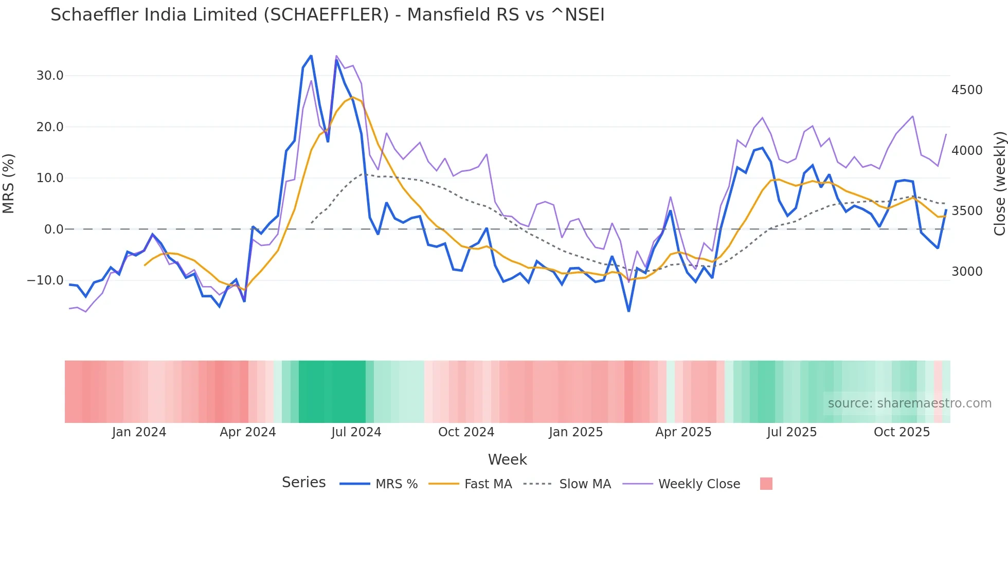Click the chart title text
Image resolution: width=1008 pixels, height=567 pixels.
327,15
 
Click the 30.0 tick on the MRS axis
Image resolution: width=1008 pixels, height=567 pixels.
50,76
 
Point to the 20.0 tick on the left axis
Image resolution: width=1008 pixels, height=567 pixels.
50,127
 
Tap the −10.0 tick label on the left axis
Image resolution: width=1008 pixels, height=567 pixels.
45,280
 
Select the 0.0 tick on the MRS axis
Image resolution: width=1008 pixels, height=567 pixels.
53,229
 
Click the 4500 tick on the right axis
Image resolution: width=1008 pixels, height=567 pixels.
967,90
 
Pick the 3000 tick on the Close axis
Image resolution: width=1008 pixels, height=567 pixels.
967,272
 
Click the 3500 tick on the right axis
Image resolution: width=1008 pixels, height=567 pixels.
967,211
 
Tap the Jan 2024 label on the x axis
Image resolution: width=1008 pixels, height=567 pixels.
139,432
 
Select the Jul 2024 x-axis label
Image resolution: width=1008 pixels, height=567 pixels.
356,432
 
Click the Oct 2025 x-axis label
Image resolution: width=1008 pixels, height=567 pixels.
902,432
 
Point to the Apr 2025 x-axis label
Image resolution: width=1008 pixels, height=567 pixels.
683,432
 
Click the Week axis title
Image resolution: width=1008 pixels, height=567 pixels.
507,459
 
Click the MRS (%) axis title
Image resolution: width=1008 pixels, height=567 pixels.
9,183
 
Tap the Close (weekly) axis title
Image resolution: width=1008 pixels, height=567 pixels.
999,183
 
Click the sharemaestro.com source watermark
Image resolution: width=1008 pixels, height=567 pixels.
909,403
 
